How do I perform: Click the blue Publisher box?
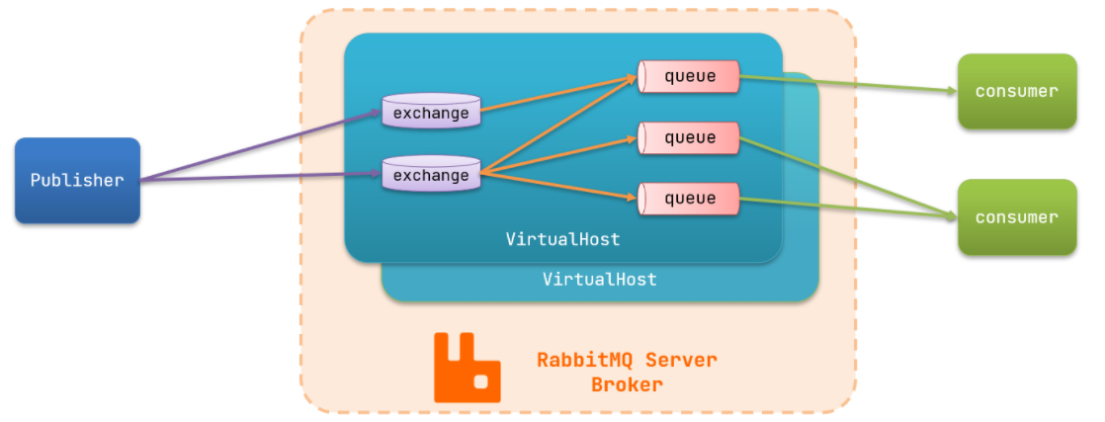point(77,180)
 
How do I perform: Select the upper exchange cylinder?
point(431,112)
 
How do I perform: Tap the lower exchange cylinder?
point(431,173)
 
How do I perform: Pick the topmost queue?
point(689,76)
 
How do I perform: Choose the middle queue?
point(689,137)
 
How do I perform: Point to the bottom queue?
point(689,199)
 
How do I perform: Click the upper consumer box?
point(1017,91)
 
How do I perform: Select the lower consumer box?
point(1017,217)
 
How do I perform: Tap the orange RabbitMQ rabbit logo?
point(467,367)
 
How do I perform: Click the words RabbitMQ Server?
point(627,360)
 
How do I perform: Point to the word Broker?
point(627,385)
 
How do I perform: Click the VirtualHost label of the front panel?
point(562,239)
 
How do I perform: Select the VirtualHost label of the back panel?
point(599,279)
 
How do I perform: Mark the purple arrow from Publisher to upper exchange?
point(262,146)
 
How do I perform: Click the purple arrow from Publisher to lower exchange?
point(262,178)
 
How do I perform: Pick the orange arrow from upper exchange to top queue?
point(558,94)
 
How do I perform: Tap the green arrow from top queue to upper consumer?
point(848,84)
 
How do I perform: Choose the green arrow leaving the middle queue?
point(848,175)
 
